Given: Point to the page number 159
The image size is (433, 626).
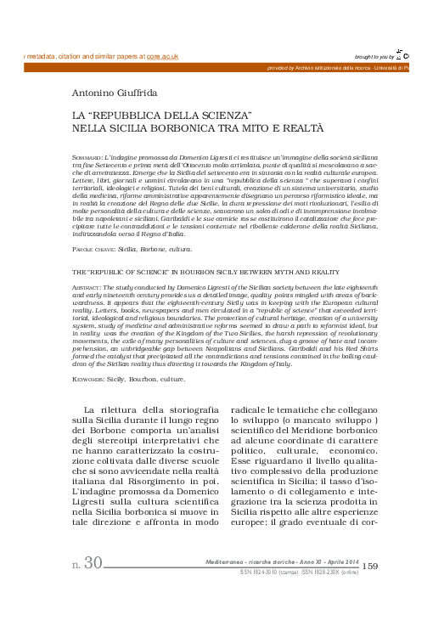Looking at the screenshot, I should pos(370,566).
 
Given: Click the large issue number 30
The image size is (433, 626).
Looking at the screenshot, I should pos(93,562).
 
